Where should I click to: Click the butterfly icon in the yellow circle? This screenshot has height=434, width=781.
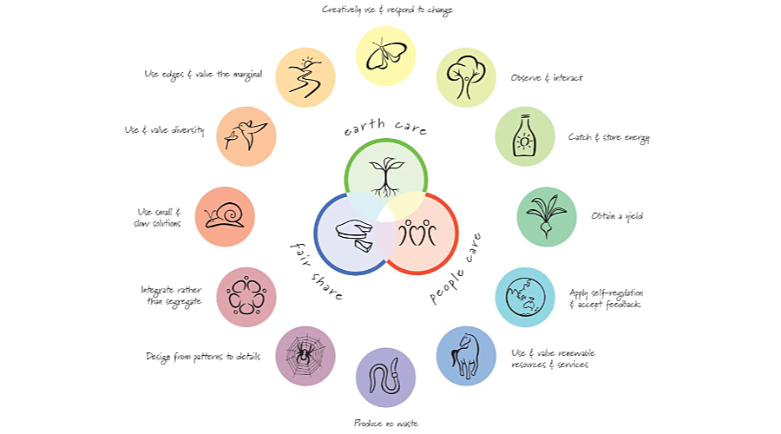(385, 56)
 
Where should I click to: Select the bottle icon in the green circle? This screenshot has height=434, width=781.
(524, 136)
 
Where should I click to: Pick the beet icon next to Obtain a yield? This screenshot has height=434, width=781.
(546, 216)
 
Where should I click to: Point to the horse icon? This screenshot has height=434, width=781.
(466, 355)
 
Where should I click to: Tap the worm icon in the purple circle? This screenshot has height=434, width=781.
(385, 377)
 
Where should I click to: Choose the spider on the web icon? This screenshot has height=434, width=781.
(305, 355)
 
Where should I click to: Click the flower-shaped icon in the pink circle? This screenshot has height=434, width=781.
(246, 297)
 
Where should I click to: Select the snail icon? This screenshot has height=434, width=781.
(225, 216)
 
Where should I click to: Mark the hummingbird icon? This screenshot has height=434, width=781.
(246, 136)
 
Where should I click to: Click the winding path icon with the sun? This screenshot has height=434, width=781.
(305, 77)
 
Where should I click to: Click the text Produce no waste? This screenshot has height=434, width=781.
(385, 423)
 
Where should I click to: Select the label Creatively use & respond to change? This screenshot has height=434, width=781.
(387, 10)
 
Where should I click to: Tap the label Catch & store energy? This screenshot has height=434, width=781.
(608, 137)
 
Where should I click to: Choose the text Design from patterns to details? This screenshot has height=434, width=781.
(203, 356)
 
